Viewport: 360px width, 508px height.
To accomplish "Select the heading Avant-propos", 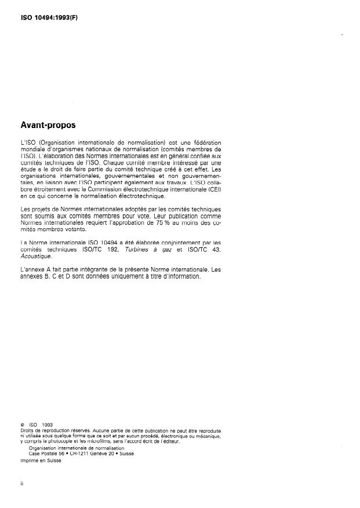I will (x=49, y=125).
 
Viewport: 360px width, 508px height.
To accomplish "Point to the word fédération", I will (x=206, y=142).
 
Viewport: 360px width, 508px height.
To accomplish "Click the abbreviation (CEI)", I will (x=214, y=190).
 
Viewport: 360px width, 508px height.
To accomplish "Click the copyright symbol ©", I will (x=22, y=425).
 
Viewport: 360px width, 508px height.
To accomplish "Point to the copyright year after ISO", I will (x=47, y=425).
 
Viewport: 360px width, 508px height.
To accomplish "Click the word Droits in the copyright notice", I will (x=27, y=432).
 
